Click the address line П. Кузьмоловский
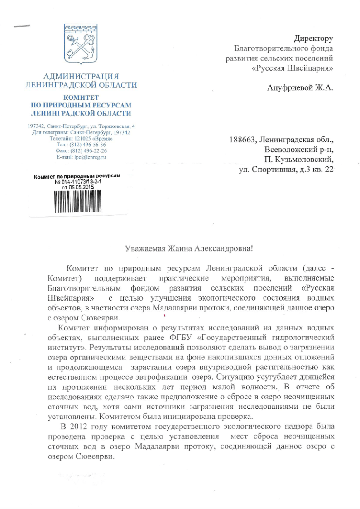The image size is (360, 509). (299, 160)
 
